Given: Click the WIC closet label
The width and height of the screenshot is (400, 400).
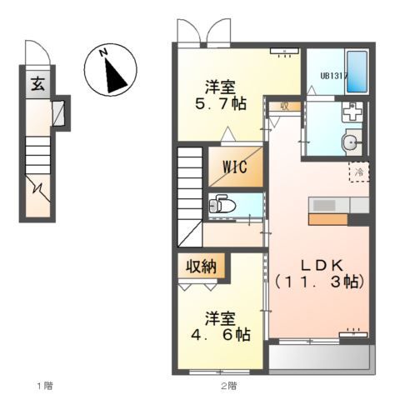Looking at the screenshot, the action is point(235,167).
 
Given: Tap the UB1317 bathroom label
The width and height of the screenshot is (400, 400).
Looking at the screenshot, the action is point(334,76).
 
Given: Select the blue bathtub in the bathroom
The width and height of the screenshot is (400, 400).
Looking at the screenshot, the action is point(357,72).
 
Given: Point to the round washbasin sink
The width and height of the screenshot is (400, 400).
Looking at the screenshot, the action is point(352,142).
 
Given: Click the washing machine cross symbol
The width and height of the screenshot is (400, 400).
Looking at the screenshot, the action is point(352,112).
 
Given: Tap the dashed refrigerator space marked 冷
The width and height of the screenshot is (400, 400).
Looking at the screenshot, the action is point(359,172).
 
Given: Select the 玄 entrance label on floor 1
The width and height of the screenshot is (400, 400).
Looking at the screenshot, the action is point(37,84).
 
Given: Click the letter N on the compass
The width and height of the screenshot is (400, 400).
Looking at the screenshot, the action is point(104,52).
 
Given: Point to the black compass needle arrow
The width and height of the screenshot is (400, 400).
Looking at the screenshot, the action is point(114,75).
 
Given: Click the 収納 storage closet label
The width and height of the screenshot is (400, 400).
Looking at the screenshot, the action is point(201,267).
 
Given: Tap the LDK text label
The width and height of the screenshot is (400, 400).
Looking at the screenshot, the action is point(322,266).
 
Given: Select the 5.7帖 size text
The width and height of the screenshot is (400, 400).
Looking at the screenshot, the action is point(221,104).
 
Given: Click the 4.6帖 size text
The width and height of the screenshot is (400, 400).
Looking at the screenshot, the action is point(220,334).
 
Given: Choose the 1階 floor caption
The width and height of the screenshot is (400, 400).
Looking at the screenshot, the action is point(45,386).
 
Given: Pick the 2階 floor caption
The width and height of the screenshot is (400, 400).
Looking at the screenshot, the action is point(229,386).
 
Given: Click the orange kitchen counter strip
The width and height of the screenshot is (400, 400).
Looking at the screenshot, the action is point(328,219).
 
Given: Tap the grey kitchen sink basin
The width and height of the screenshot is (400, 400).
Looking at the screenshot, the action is point(324,206).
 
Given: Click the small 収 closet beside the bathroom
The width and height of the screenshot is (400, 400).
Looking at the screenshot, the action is point(285,106).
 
